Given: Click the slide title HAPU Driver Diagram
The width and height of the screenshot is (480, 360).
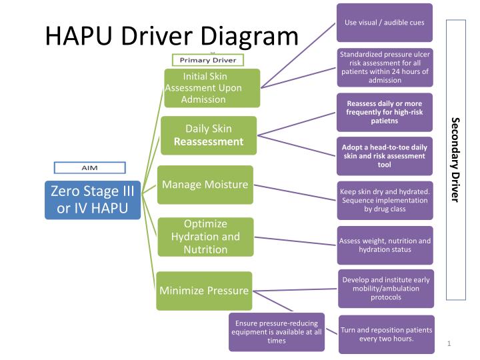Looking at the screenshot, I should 171,36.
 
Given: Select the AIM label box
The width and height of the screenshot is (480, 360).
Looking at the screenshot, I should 89,167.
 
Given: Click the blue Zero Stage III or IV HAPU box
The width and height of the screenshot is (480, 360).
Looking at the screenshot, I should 93,199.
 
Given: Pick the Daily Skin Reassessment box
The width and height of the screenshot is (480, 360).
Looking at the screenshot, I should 209,135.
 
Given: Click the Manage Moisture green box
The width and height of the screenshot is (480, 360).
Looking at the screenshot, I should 205,185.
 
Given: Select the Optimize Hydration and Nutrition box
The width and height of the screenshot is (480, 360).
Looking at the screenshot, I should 205,237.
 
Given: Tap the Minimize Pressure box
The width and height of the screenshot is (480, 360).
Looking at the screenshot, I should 204,291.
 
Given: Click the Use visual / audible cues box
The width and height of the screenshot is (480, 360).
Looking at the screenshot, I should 385,23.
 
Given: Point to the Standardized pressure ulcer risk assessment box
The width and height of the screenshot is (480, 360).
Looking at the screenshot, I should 385,67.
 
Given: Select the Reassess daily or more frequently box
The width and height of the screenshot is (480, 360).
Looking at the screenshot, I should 385,112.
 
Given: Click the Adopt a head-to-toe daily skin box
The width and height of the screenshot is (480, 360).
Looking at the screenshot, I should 385,156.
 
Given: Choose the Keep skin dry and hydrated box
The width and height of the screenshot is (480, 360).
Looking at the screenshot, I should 385,200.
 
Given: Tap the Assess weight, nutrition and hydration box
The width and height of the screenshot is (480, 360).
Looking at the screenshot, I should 385,245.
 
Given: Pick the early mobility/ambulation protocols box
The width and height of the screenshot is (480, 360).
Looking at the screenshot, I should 385,288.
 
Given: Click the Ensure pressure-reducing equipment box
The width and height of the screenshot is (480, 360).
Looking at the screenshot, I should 277,332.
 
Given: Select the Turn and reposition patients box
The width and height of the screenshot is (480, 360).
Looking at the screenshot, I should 386,334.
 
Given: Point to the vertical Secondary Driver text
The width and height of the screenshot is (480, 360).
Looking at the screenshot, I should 456,160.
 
